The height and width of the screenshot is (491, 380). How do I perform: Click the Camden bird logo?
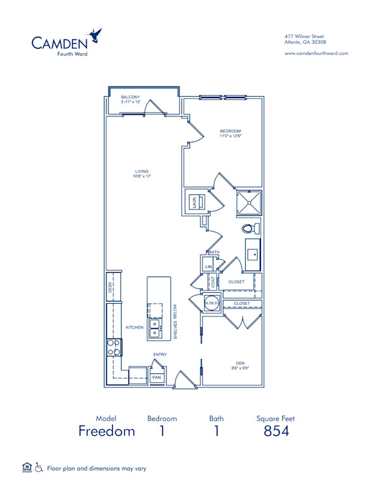[96, 35]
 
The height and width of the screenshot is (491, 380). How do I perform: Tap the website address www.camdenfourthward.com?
[317, 53]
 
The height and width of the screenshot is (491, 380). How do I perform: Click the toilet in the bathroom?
[250, 228]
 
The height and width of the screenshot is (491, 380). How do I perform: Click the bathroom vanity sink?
[253, 256]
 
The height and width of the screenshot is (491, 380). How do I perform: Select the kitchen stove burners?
[115, 347]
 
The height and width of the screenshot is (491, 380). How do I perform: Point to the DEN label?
[236, 363]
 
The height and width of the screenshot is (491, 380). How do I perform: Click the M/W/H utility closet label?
[211, 304]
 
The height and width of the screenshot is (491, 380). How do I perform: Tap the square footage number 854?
[275, 432]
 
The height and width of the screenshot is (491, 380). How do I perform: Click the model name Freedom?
[107, 432]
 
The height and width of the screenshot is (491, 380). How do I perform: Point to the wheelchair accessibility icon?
[39, 468]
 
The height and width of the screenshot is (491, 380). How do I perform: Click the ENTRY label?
[160, 355]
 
